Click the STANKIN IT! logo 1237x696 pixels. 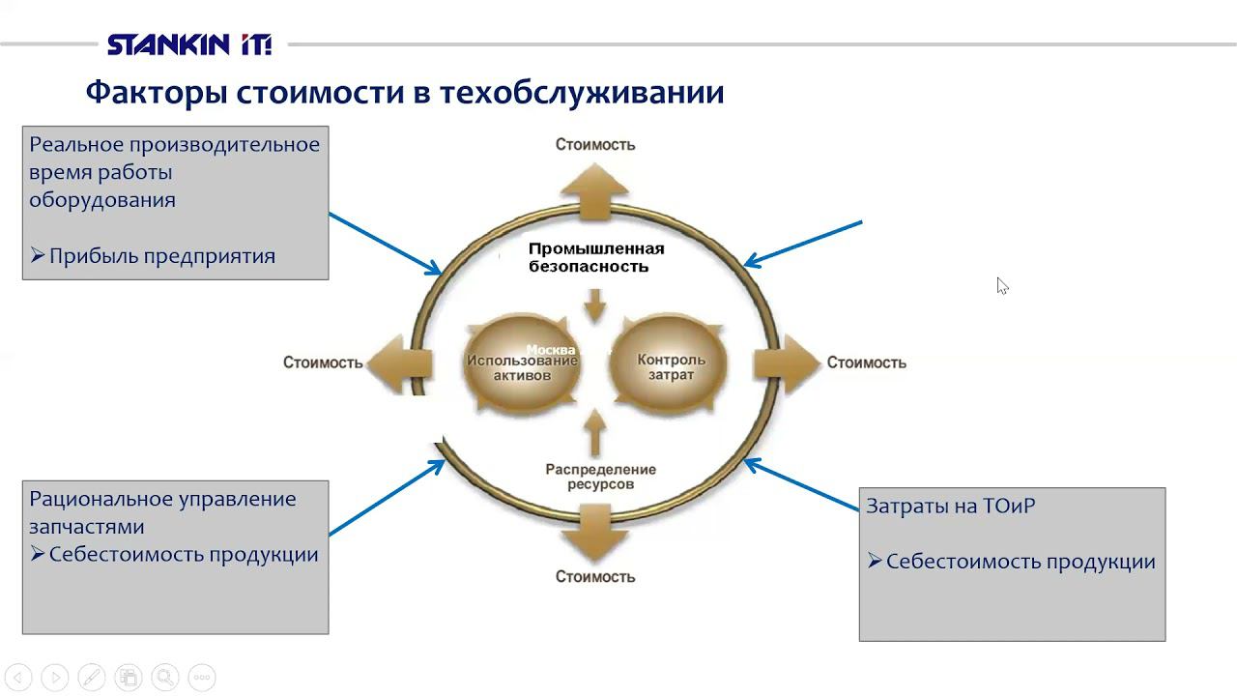click(189, 44)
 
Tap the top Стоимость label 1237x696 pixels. click(594, 144)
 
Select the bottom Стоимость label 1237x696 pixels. click(594, 576)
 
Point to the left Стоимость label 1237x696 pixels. click(323, 362)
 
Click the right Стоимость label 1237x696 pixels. click(866, 362)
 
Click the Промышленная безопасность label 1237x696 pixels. click(595, 257)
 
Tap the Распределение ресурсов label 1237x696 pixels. click(600, 476)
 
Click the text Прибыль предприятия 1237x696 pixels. click(162, 256)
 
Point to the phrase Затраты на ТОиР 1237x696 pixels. click(950, 506)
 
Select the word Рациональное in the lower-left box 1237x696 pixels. click(101, 499)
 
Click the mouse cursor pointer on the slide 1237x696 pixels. click(1001, 285)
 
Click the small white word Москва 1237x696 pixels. click(550, 350)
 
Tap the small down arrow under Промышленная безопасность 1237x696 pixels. click(595, 308)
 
